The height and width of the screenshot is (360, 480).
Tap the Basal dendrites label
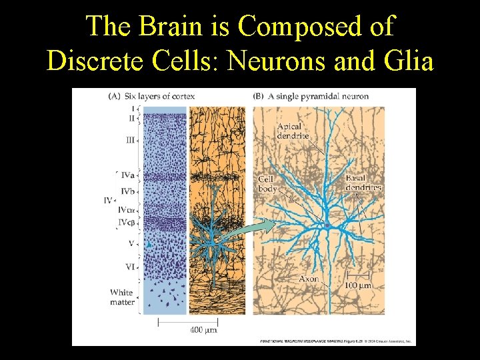(363, 183)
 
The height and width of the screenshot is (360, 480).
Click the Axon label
(308, 279)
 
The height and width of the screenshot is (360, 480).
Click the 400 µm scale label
(203, 329)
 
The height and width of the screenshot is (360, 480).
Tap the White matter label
(123, 297)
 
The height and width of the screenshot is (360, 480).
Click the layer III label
(130, 140)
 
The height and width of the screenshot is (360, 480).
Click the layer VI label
(131, 267)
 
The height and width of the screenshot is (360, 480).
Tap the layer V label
(131, 244)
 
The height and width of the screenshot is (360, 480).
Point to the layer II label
(132, 118)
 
